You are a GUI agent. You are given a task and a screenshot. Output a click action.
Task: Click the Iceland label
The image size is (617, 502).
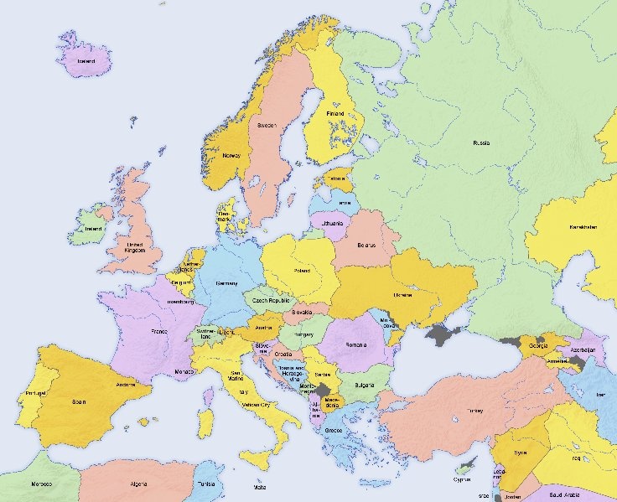[x=86, y=61]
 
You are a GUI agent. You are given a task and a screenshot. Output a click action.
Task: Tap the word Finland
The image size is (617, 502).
[x=334, y=113]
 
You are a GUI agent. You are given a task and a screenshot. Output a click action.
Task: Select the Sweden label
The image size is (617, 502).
[x=267, y=125]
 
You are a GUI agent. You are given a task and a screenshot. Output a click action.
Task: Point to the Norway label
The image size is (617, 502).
[x=231, y=155]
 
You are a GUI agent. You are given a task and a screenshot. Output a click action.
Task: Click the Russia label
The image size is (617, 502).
[x=480, y=143]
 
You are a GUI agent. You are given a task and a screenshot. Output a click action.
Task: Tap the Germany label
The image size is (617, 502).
[x=226, y=283]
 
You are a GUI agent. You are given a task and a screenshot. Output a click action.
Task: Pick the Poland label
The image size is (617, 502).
[x=301, y=271]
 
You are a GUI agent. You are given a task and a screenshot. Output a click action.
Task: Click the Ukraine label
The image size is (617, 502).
[x=402, y=296]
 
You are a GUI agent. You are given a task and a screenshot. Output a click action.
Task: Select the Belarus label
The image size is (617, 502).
[x=364, y=245]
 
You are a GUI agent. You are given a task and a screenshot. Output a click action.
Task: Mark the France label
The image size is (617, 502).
[x=158, y=332]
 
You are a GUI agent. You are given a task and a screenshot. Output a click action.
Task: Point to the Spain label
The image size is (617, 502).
[x=79, y=402]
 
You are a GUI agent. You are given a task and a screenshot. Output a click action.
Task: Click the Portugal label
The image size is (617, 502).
[x=35, y=392]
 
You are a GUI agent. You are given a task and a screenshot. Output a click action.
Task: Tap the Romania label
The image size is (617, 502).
[x=355, y=345]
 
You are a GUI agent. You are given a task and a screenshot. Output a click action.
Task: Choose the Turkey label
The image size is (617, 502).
[x=475, y=411]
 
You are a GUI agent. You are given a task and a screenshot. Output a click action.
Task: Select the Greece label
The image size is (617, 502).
[x=332, y=432]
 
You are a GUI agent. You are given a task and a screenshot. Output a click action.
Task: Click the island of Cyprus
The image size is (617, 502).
[x=462, y=471]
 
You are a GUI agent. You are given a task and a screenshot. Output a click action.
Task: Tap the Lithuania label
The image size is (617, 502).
[x=332, y=224]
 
